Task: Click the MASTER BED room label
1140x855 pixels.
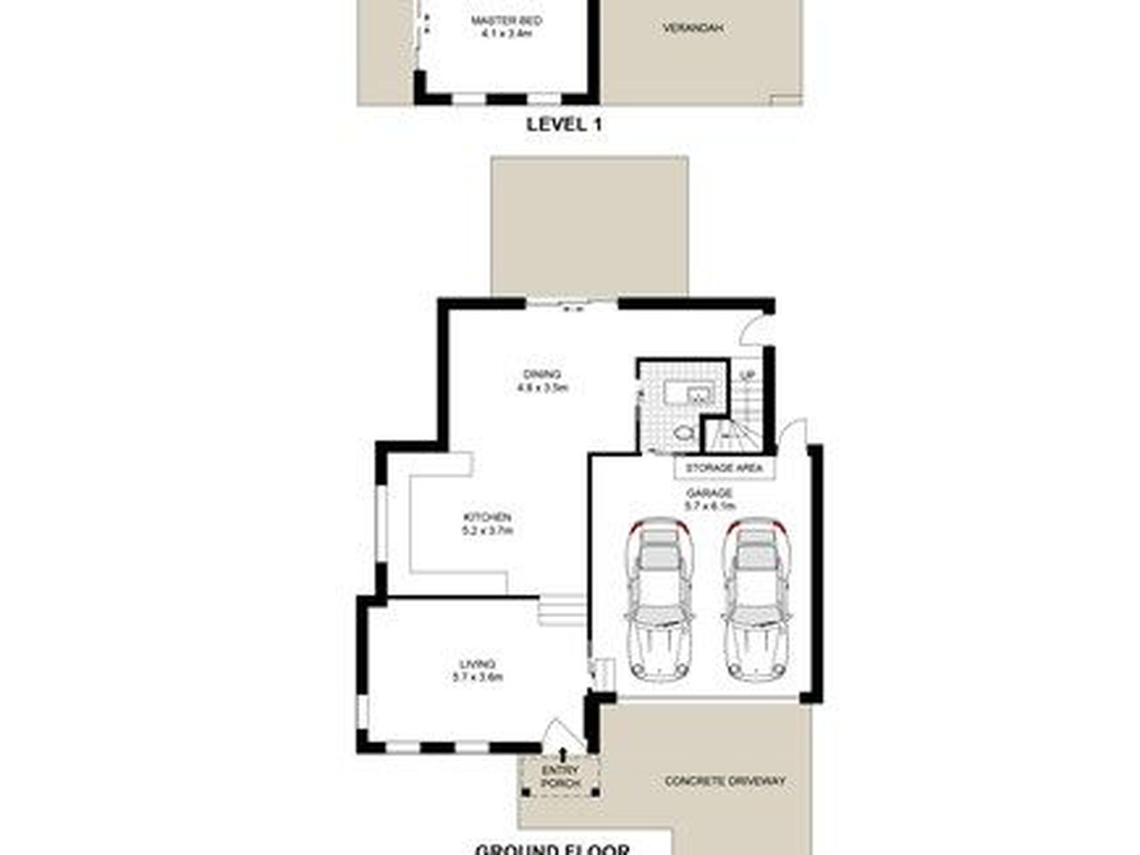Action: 506,21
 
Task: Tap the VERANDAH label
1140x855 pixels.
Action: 692,28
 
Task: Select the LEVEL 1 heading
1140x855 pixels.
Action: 564,125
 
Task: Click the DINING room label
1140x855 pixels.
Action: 542,375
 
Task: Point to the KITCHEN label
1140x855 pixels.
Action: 487,518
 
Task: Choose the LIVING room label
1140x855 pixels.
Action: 478,664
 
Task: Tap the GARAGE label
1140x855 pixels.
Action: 709,493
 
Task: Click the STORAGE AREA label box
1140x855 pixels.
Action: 724,468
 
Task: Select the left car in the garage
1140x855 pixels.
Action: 659,600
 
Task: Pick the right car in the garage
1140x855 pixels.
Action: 755,600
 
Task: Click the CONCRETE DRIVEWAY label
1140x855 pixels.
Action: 725,781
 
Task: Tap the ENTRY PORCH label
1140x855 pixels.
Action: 560,776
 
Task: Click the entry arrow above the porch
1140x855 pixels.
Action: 563,754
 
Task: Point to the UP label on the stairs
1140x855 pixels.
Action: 747,376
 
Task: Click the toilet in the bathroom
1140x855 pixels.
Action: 683,432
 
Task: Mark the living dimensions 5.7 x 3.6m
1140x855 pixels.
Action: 478,677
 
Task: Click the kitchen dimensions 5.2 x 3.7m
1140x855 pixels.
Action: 487,531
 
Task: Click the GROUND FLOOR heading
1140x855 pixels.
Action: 553,849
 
